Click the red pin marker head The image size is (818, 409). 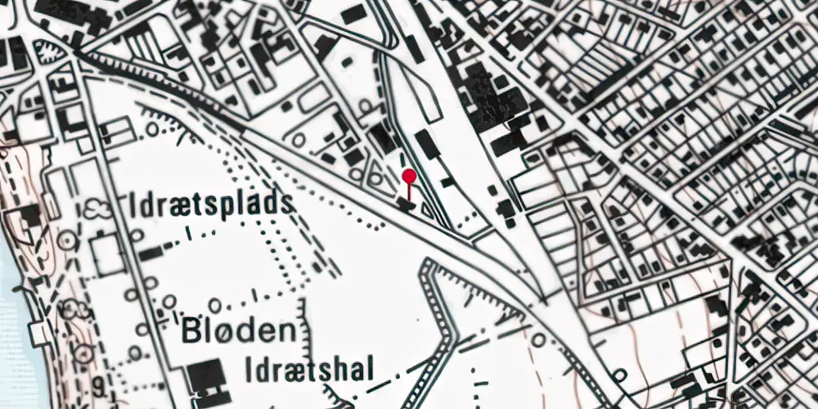point(410,175)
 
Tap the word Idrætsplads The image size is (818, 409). point(211,204)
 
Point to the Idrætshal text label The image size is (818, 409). point(309,371)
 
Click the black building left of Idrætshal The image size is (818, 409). point(206,376)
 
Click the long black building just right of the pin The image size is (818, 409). point(427,144)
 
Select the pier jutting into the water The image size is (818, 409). point(37,332)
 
